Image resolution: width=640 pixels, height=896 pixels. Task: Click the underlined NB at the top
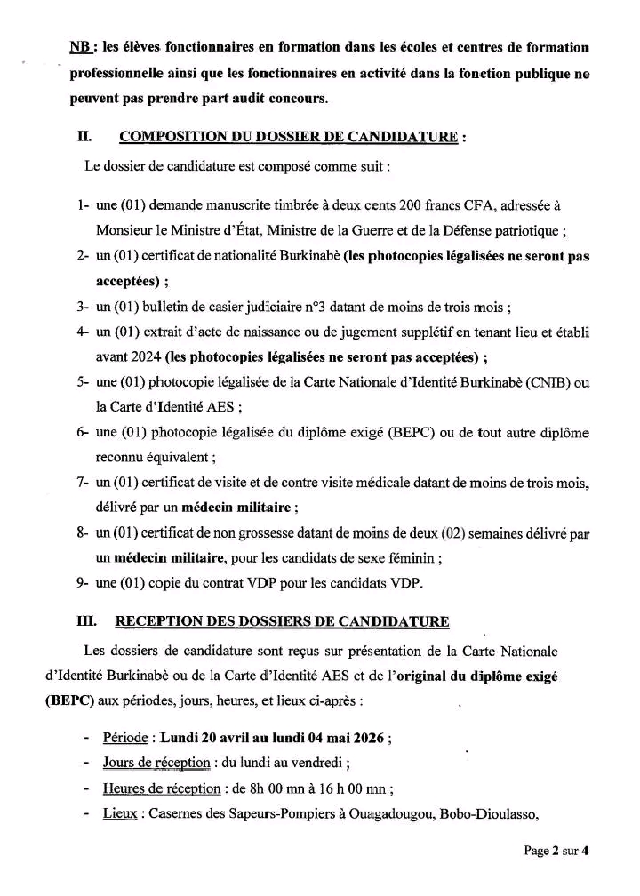79,46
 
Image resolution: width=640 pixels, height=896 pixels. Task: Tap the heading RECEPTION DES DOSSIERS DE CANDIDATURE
283,620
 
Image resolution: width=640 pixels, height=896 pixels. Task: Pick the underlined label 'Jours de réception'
156,763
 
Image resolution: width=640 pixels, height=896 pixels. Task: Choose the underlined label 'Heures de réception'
161,788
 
